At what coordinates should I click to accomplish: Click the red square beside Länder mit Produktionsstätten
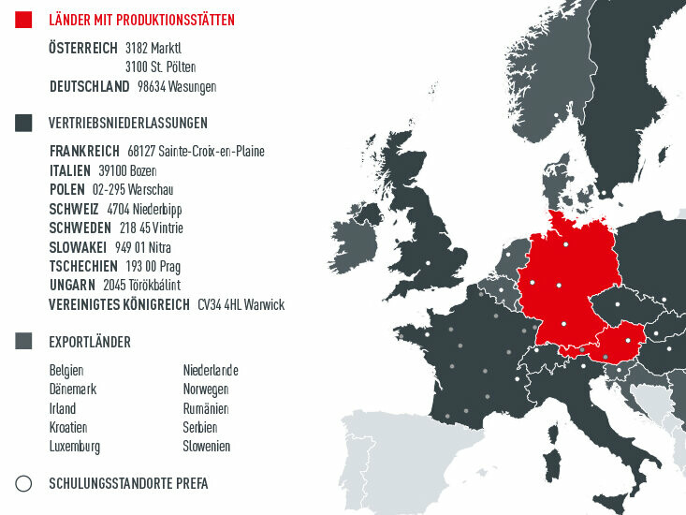click(x=24, y=20)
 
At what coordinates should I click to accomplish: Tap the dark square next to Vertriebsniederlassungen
click(x=24, y=123)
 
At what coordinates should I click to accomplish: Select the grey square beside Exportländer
click(x=24, y=342)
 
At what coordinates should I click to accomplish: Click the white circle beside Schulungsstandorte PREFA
click(x=24, y=483)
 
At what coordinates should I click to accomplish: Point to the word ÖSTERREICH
click(x=83, y=48)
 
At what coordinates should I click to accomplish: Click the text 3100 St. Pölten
click(x=160, y=66)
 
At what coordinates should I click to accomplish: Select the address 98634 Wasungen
click(x=177, y=86)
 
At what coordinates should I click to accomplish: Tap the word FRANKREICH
click(x=84, y=151)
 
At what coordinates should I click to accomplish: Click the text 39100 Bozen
click(x=127, y=170)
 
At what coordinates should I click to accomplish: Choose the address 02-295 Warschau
click(x=132, y=189)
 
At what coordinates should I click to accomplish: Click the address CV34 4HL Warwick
click(x=241, y=304)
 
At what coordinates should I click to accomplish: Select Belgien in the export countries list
click(x=66, y=371)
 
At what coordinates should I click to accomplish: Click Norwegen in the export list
click(x=206, y=390)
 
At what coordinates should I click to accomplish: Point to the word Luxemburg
click(x=75, y=447)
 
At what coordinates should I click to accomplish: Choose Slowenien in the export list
click(x=206, y=447)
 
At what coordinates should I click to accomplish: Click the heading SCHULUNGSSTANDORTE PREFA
click(x=128, y=484)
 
